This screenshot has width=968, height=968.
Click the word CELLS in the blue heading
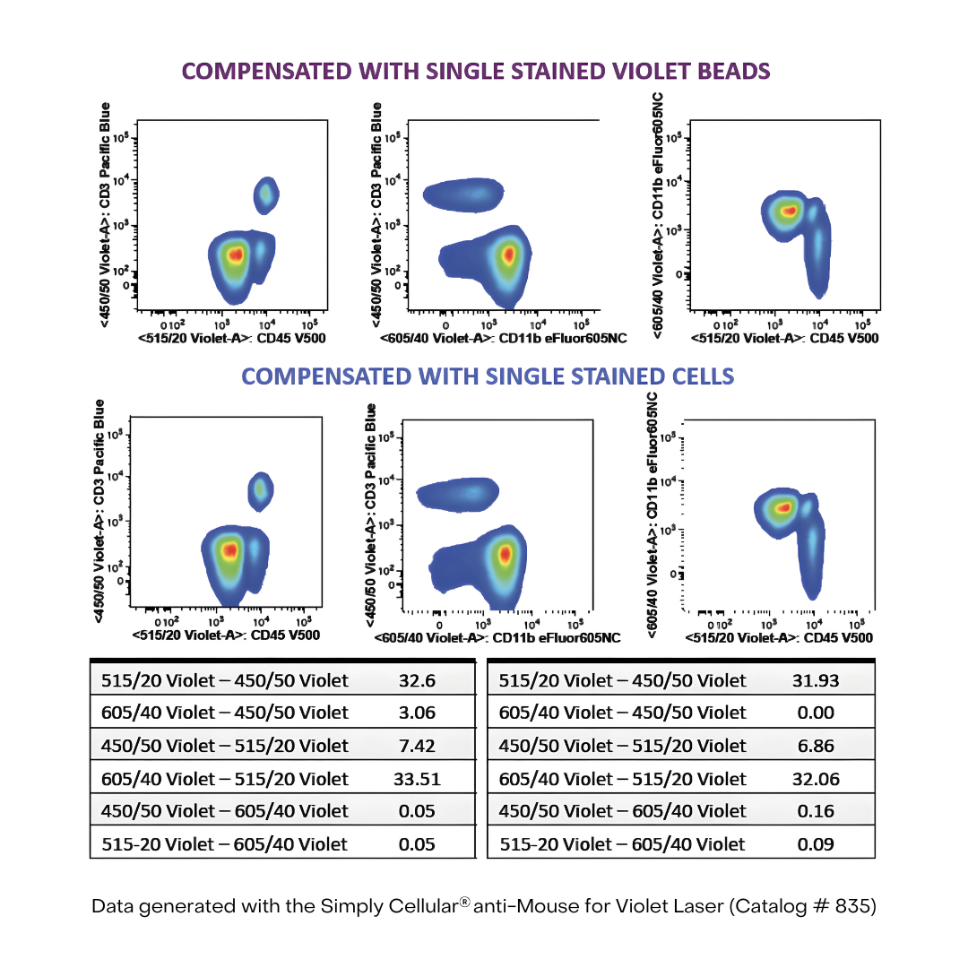click(x=699, y=376)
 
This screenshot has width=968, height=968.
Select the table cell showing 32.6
click(x=417, y=681)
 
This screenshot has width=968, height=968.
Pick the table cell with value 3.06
click(x=417, y=713)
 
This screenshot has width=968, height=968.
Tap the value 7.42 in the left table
click(x=417, y=746)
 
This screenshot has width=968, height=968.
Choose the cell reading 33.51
click(x=417, y=779)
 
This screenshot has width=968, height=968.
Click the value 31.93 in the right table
click(x=816, y=681)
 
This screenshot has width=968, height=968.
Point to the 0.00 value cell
click(x=816, y=713)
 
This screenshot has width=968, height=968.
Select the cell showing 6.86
click(x=816, y=746)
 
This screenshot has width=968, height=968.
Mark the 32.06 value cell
click(x=816, y=779)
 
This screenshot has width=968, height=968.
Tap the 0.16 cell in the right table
click(x=816, y=811)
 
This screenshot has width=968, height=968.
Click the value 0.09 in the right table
click(x=816, y=844)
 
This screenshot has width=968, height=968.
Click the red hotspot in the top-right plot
click(x=788, y=212)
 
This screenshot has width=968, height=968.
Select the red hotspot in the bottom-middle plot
click(x=505, y=555)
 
